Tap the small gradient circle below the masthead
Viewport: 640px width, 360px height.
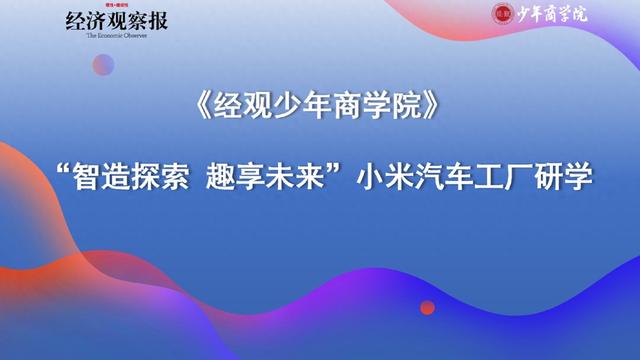point(103,65)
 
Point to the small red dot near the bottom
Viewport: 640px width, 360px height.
point(427,307)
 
